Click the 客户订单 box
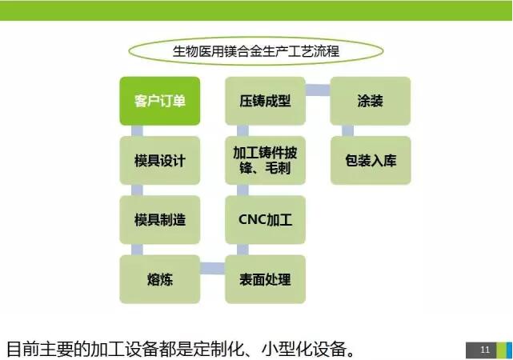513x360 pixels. [x=159, y=101]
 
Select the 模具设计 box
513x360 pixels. [x=159, y=161]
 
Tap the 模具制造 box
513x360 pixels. [x=159, y=220]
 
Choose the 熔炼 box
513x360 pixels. [x=159, y=279]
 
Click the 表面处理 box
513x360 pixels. [x=266, y=279]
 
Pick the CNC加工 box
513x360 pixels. [x=266, y=220]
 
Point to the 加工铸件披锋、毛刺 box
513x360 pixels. [x=266, y=161]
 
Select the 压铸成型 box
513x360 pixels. [x=266, y=101]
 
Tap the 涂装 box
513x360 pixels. [x=371, y=101]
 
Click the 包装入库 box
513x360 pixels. [x=371, y=161]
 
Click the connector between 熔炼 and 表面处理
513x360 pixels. [x=213, y=269]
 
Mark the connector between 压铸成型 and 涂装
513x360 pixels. [x=318, y=90]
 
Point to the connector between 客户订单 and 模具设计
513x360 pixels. [x=137, y=130]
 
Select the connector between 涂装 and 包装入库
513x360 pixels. [x=348, y=130]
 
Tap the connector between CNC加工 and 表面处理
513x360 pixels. [x=242, y=250]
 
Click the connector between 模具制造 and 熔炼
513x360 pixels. [x=137, y=250]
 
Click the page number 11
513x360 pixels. [x=485, y=350]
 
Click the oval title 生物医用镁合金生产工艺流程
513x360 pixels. [x=256, y=51]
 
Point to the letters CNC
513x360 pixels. [x=252, y=220]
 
